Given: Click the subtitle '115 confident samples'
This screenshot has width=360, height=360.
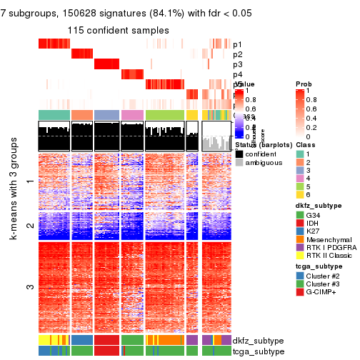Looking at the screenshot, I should pos(119,31).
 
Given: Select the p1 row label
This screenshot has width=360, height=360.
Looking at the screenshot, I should pos(238,44).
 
